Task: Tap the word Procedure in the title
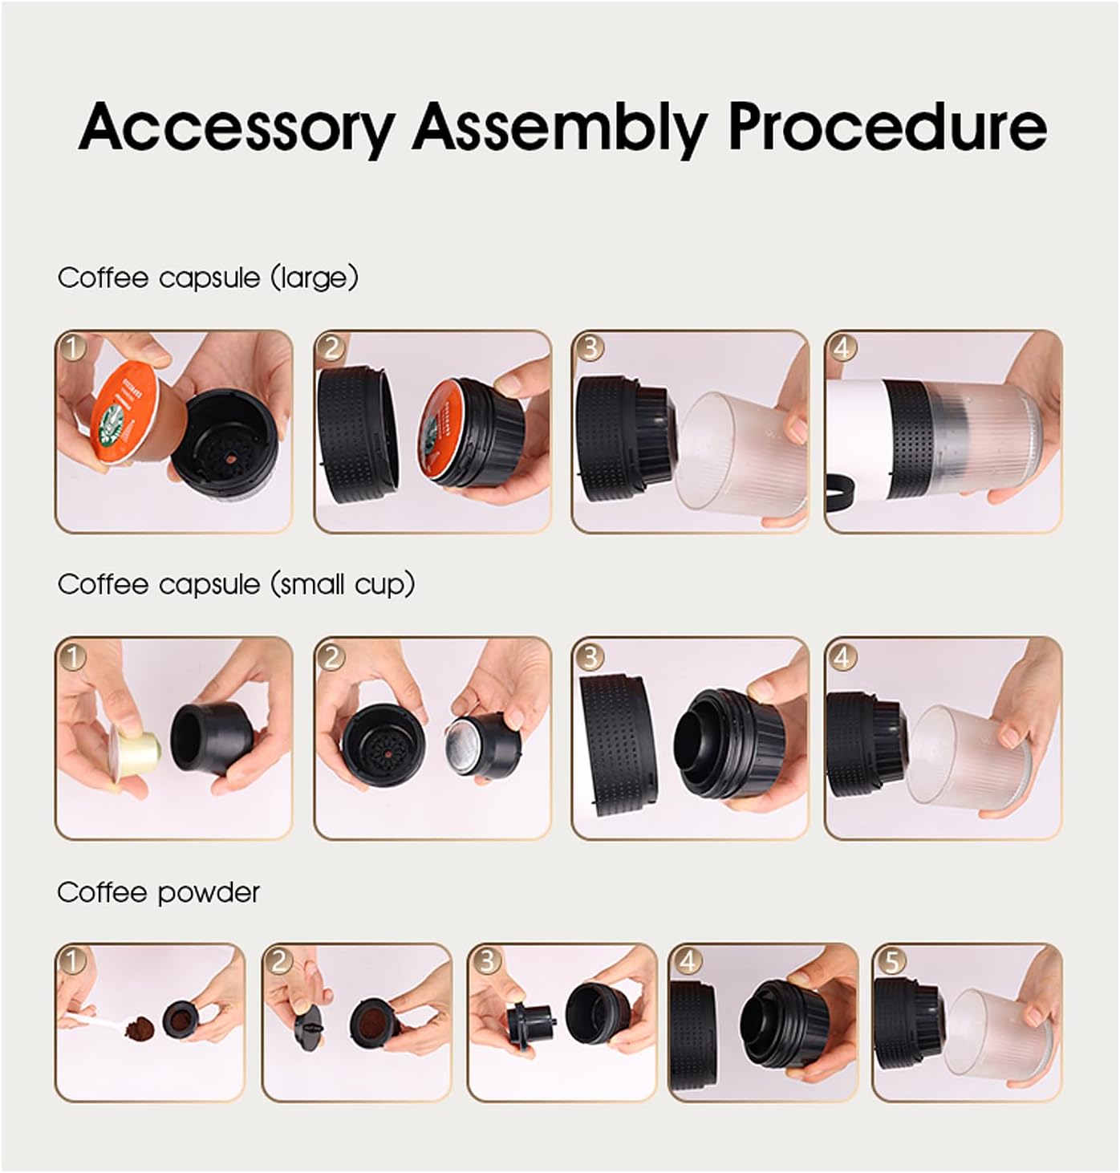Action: click(887, 127)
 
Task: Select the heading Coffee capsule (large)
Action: click(208, 278)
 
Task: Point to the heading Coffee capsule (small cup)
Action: click(237, 585)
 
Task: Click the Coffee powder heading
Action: click(159, 892)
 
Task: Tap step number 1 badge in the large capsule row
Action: click(73, 347)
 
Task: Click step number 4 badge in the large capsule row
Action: click(842, 347)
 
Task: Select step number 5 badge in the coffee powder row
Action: click(891, 961)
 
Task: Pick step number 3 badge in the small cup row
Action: click(590, 656)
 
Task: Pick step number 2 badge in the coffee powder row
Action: click(279, 961)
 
